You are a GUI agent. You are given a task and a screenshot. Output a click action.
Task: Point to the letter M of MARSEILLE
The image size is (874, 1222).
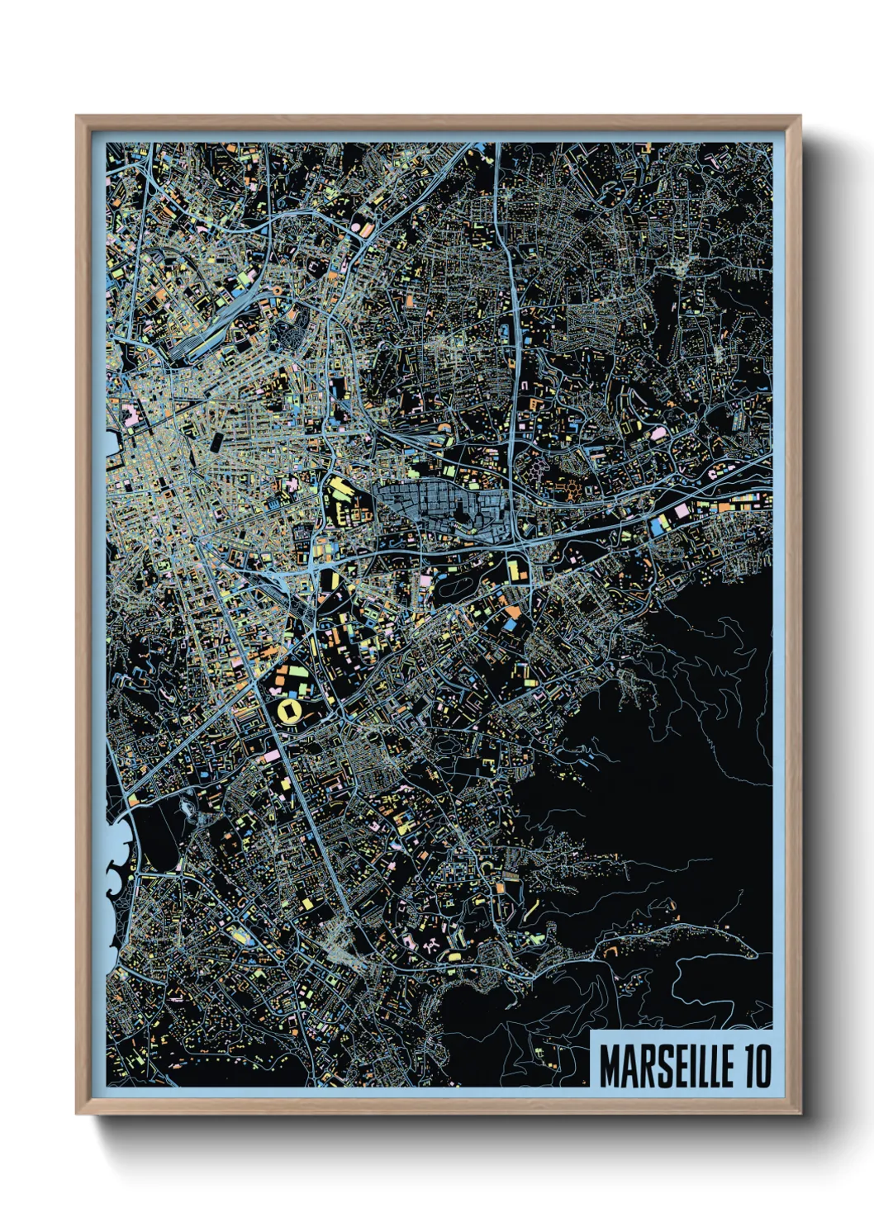[x=610, y=1067]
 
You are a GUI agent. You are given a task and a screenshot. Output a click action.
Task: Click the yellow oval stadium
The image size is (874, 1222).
[x=291, y=710]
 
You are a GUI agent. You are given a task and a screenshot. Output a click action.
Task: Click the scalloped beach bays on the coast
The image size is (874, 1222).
[x=116, y=867]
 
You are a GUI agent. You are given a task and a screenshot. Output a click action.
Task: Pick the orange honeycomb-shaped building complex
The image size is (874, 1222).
[x=572, y=489]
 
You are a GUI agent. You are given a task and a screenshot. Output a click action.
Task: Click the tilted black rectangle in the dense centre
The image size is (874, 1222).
[x=216, y=442]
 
